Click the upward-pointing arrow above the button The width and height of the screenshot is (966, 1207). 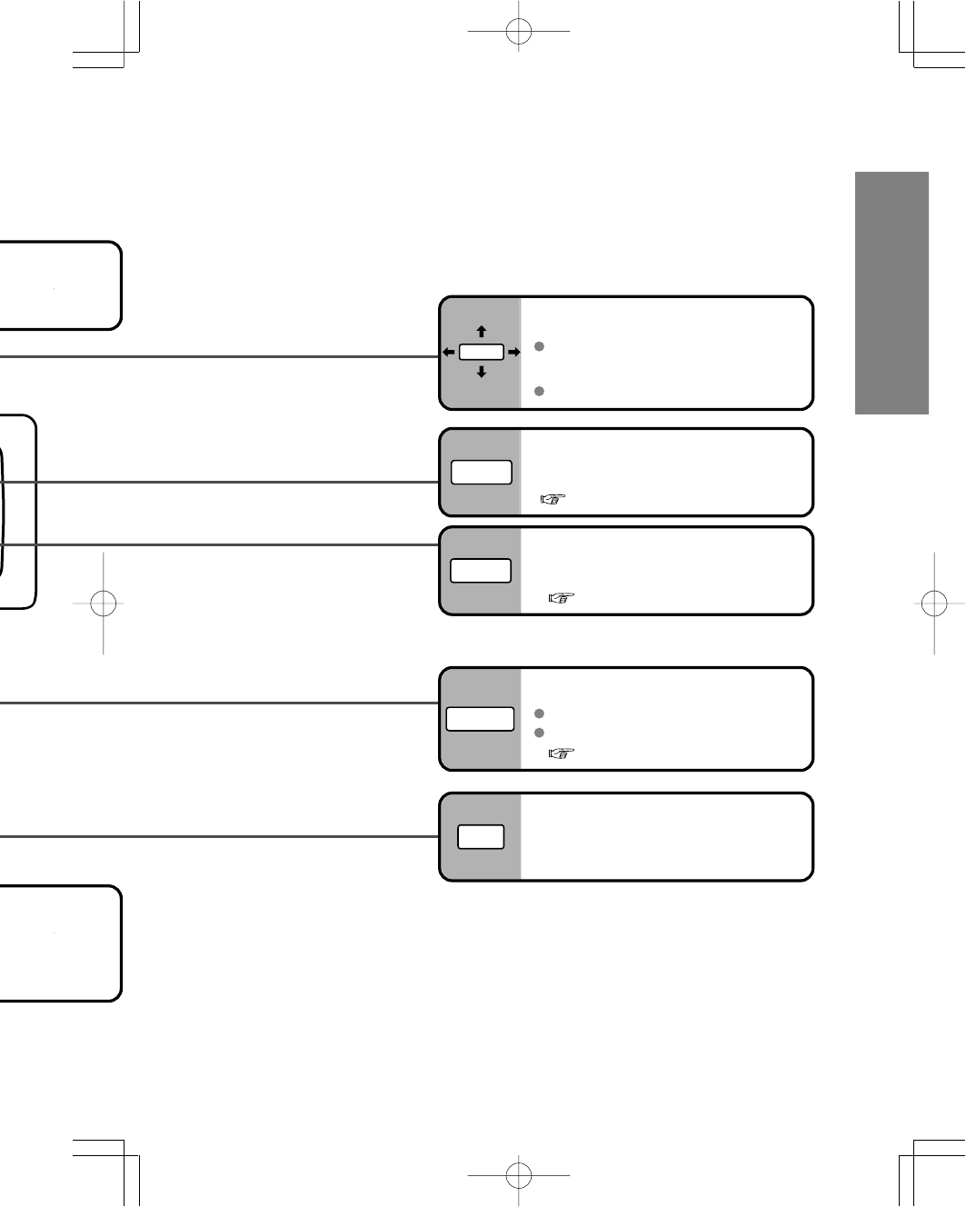click(482, 333)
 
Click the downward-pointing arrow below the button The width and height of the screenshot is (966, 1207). click(482, 371)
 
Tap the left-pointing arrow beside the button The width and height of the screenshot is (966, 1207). click(448, 352)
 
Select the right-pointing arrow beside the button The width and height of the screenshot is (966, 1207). click(513, 352)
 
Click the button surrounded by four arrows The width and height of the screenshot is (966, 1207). click(481, 352)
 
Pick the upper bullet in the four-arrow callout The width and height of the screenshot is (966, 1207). click(539, 346)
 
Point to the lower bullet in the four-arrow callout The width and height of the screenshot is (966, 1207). click(539, 391)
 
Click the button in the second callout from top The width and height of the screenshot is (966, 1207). click(482, 473)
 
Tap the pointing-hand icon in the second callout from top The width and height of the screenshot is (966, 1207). click(553, 499)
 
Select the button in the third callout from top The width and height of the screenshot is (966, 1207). click(481, 571)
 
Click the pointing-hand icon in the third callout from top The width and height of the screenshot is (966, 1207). click(562, 598)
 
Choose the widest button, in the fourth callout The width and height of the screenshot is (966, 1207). click(480, 719)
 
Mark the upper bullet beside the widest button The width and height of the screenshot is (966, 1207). click(539, 713)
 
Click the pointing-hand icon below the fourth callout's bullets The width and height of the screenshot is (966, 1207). click(562, 753)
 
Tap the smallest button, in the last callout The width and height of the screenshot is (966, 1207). click(481, 837)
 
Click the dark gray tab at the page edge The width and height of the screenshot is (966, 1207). click(891, 293)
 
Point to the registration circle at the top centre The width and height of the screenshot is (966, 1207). click(518, 32)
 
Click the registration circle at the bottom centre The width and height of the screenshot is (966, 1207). click(518, 1174)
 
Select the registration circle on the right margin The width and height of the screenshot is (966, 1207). click(933, 603)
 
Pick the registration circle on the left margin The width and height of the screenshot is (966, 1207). click(104, 603)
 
